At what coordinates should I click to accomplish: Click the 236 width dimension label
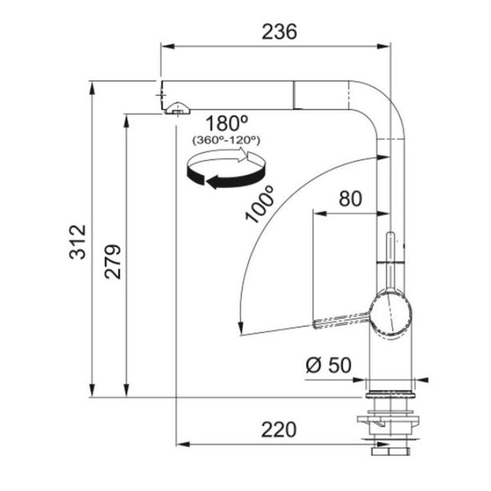[279, 32]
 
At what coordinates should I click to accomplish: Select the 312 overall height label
[77, 241]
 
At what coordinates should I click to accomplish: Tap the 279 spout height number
[113, 261]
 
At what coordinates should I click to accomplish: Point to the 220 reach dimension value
[278, 430]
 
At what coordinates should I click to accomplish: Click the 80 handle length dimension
[351, 198]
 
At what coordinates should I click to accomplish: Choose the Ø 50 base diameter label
[329, 365]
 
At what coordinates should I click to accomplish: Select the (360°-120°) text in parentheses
[226, 140]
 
